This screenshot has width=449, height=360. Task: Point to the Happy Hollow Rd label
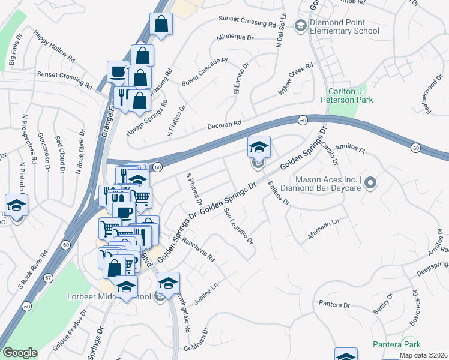pos(54,47)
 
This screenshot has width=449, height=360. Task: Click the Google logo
pos(20,353)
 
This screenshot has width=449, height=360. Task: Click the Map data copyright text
pos(423,355)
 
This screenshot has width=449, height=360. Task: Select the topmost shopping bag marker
pos(162,24)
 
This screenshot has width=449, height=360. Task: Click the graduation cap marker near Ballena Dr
pos(259,146)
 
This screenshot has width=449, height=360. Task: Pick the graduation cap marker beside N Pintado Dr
pos(16,205)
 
